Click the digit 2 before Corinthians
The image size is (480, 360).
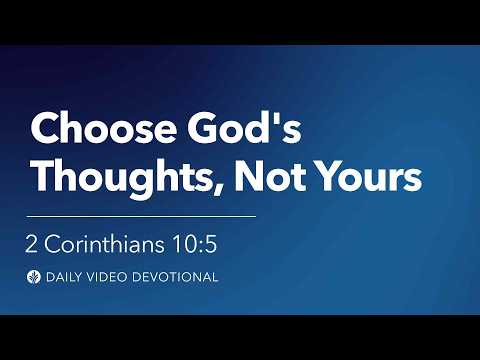coord(36,244)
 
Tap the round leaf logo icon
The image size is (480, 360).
coord(37,277)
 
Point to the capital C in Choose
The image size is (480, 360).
coord(45,131)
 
